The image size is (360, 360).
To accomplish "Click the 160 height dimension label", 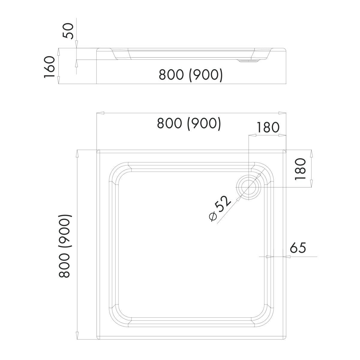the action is (x=49, y=67).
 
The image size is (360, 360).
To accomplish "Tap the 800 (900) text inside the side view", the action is (x=191, y=75).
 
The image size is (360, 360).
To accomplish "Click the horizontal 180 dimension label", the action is (x=268, y=127).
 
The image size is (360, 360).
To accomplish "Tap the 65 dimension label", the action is (x=298, y=248).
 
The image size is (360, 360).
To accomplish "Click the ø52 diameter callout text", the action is (x=220, y=209).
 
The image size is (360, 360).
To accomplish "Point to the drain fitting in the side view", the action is (x=248, y=61).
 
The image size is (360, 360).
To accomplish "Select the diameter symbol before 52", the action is (x=213, y=217).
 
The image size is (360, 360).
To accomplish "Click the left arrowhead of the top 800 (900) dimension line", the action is (x=100, y=113).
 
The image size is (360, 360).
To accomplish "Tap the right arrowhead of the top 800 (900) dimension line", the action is (x=282, y=113).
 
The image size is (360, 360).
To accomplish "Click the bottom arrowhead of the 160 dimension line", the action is (x=58, y=80).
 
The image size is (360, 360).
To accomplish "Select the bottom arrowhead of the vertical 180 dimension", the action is (x=311, y=183).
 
